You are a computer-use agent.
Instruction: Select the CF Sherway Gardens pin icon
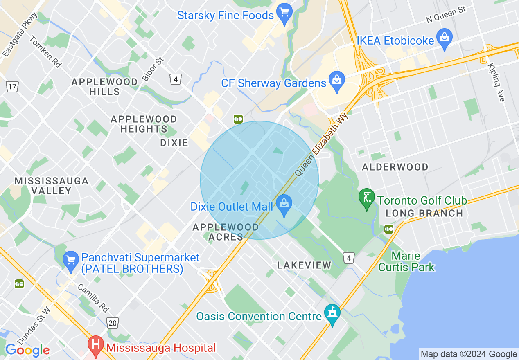point(337,81)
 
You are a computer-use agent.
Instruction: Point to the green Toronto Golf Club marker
point(366,198)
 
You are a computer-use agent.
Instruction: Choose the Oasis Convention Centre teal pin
point(332,314)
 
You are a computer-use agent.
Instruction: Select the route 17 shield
point(12,86)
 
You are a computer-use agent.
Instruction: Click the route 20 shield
point(113,323)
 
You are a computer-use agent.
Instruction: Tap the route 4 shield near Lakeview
point(348,258)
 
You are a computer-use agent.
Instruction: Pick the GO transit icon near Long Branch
point(388,229)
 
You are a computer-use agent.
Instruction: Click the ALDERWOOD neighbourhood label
point(395,167)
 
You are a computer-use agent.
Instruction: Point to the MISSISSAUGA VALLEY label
point(51,186)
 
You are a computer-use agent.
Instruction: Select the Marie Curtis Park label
point(406,262)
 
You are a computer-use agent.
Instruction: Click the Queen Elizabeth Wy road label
point(321,145)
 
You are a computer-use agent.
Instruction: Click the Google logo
point(27,350)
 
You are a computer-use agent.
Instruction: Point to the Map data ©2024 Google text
point(469,354)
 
